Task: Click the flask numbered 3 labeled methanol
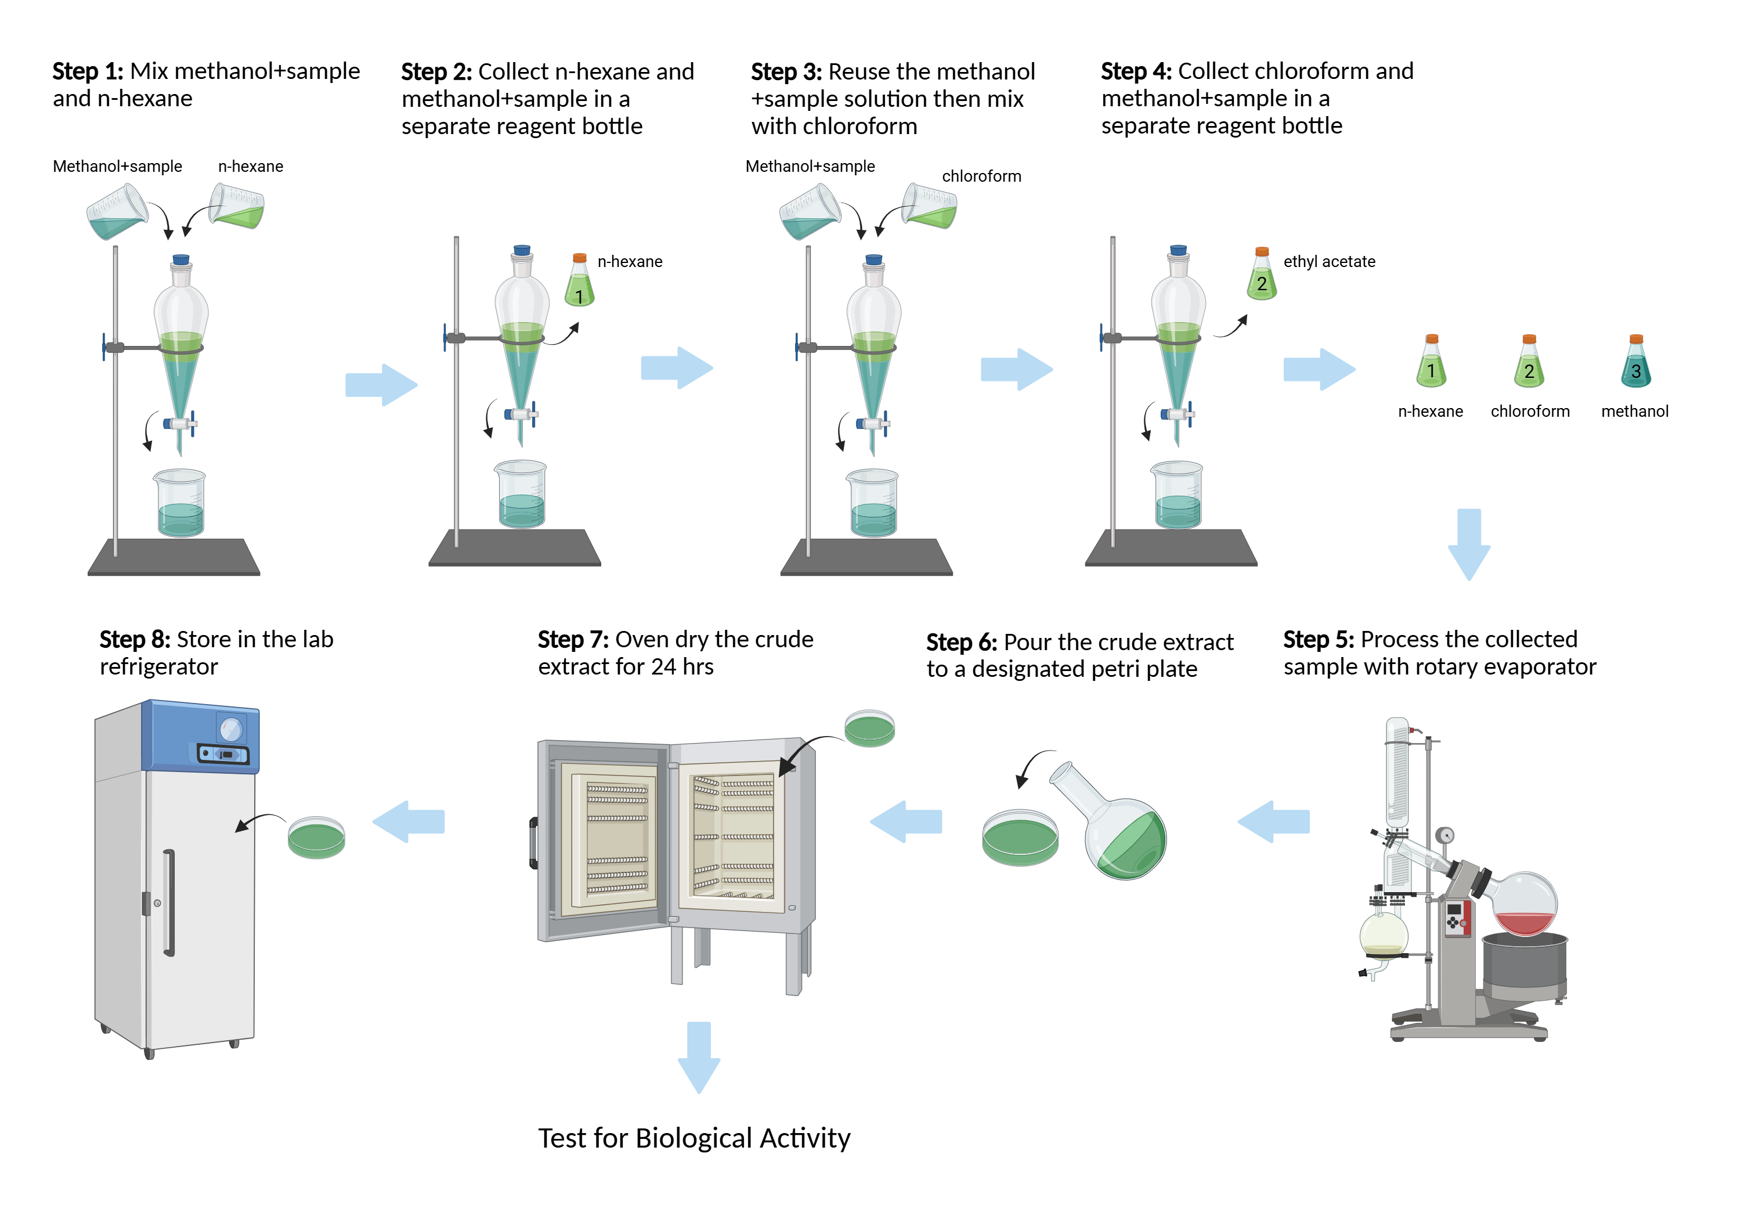[1635, 364]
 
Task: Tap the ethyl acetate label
[1328, 262]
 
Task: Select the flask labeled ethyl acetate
[1262, 277]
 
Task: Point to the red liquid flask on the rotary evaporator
[1524, 907]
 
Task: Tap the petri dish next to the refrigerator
[316, 838]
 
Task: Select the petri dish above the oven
[870, 728]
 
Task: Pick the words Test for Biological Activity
[694, 1138]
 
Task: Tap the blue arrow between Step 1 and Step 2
[381, 385]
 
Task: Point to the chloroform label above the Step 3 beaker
[981, 176]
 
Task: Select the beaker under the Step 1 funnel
[180, 504]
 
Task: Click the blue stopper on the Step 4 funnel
[1177, 250]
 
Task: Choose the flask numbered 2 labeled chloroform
[1529, 364]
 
